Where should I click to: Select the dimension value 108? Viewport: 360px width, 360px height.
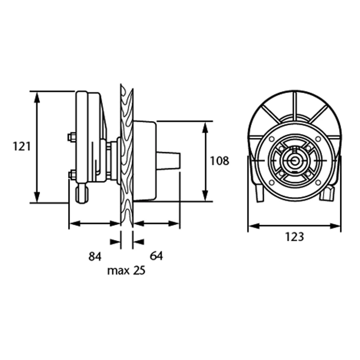[x=219, y=161]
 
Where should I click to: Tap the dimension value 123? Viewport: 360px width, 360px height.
[x=294, y=237]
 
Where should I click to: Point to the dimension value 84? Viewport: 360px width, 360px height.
[x=95, y=256]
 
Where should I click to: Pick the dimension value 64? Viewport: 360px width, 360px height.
[x=157, y=256]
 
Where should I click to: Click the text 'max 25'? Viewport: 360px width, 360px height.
[x=126, y=270]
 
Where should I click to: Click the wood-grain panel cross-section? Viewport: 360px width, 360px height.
[x=127, y=155]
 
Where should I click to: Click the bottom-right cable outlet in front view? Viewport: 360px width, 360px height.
[x=328, y=194]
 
